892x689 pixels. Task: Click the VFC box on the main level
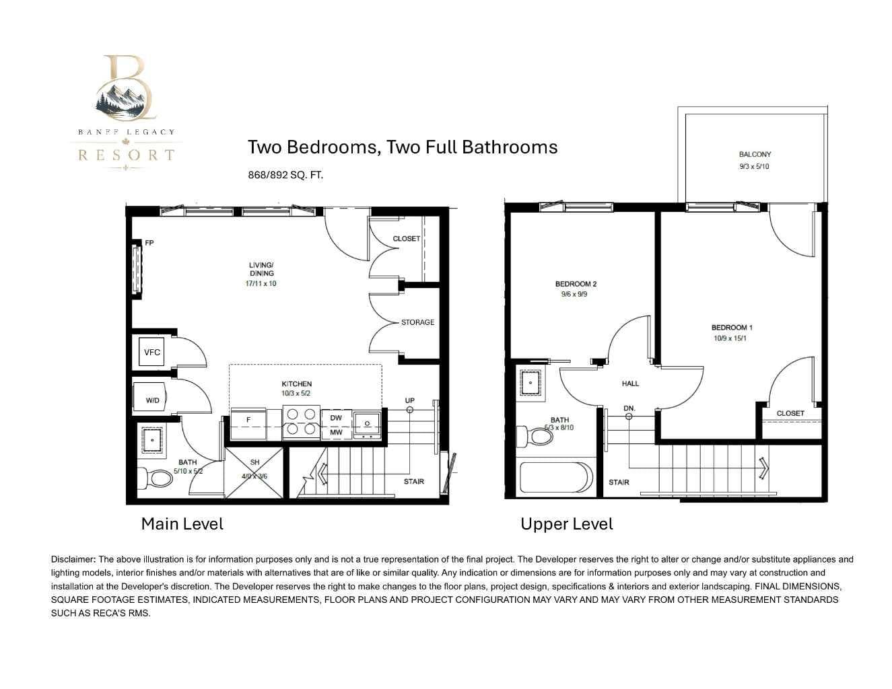[151, 351]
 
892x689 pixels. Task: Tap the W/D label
[152, 400]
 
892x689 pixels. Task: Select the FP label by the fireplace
[149, 243]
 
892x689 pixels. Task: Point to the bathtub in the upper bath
[556, 478]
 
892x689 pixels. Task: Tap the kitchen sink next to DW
[367, 424]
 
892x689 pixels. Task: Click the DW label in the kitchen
[336, 418]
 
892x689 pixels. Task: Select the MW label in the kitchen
[336, 432]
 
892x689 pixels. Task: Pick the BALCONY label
[755, 155]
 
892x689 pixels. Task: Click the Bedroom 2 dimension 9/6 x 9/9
[574, 294]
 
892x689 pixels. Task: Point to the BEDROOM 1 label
[732, 328]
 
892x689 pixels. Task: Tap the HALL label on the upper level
[630, 384]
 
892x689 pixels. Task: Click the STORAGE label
[417, 322]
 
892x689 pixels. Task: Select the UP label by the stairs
[410, 400]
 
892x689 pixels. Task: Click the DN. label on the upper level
[629, 408]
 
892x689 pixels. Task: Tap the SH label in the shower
[254, 462]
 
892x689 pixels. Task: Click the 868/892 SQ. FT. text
[285, 175]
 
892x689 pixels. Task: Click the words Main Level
[182, 524]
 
